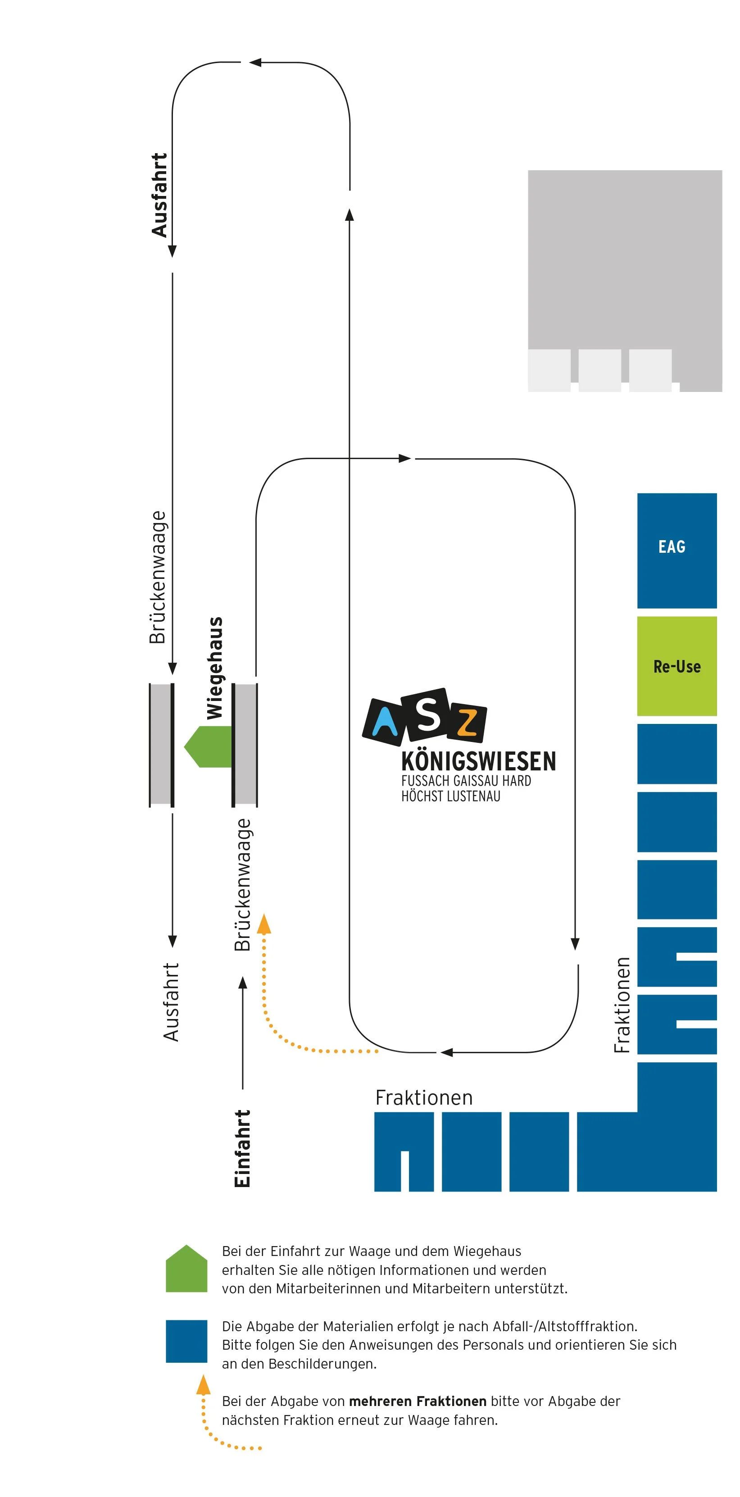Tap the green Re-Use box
click(x=676, y=665)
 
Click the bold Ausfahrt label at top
click(x=159, y=195)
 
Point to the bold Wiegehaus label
click(x=214, y=668)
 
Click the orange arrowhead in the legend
click(x=203, y=1385)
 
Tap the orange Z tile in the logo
click(x=467, y=723)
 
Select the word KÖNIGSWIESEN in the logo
click(x=478, y=761)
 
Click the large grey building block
click(x=624, y=261)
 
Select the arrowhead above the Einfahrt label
click(x=243, y=982)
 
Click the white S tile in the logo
click(x=428, y=715)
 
